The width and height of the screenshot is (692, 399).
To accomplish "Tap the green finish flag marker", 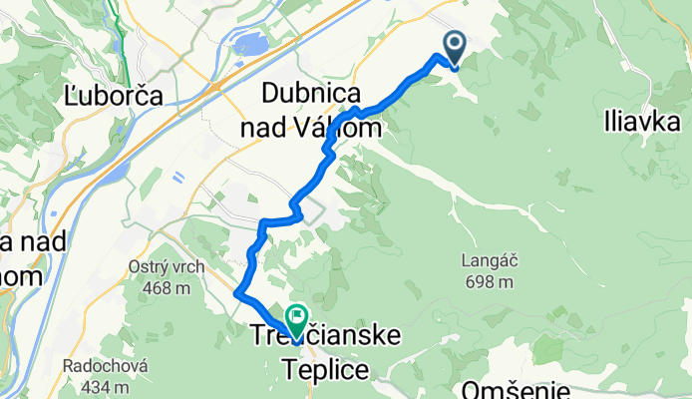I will click(x=297, y=318).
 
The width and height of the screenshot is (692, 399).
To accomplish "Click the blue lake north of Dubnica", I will click(x=248, y=44).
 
